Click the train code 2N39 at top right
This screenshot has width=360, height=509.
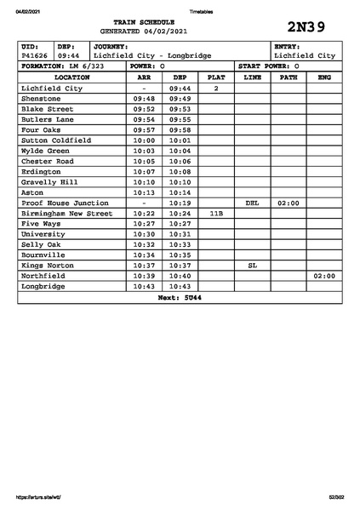307,26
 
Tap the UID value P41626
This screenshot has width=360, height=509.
35,55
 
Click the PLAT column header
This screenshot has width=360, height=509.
216,77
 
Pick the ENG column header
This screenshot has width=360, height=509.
323,77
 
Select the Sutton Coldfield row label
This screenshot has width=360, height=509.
55,140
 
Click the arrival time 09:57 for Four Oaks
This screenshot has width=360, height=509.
144,130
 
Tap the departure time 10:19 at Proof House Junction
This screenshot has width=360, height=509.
180,203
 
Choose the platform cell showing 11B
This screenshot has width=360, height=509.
216,214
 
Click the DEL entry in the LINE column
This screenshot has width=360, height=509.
252,203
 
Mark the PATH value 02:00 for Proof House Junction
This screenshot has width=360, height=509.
288,203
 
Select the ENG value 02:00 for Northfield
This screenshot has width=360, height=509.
323,277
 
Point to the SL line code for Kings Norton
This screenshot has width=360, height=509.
252,266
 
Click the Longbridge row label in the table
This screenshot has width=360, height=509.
43,287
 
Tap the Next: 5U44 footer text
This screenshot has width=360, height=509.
180,298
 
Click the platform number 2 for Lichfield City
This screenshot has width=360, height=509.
216,89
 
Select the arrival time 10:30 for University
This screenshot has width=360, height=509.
144,234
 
